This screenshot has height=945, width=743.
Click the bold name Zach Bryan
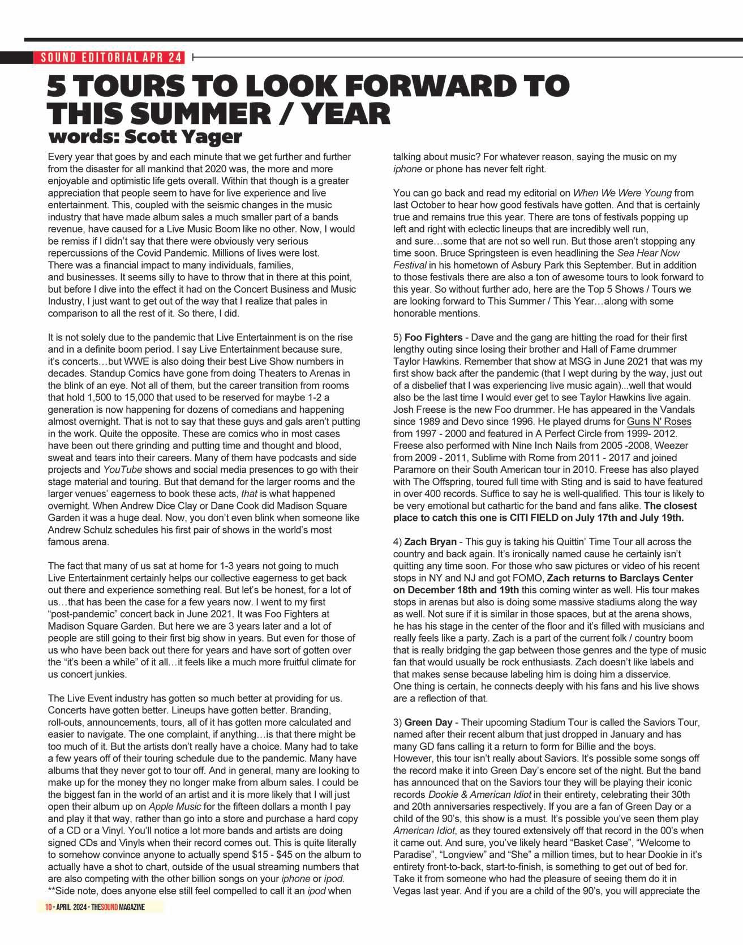click(430, 542)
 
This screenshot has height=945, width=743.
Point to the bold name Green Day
click(428, 722)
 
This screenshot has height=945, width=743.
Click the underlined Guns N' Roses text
click(659, 422)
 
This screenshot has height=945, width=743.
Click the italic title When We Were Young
click(622, 193)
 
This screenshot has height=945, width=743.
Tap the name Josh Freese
click(417, 409)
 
